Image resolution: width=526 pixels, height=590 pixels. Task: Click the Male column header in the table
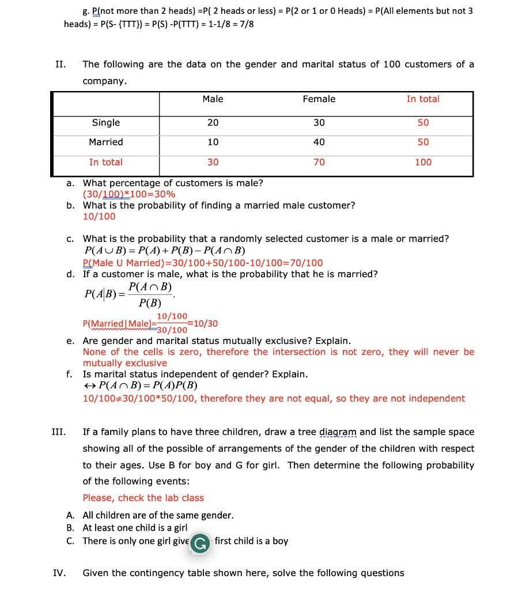[x=213, y=99]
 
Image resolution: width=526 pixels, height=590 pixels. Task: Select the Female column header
[x=319, y=99]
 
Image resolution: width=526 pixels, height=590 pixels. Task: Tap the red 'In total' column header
[x=423, y=99]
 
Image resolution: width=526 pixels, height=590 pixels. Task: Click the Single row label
[x=106, y=123]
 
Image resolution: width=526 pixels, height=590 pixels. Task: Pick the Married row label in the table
[x=106, y=142]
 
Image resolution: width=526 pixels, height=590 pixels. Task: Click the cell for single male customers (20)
[x=213, y=123]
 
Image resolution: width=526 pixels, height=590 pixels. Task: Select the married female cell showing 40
[x=319, y=142]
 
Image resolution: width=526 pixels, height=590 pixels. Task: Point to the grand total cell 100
[x=423, y=162]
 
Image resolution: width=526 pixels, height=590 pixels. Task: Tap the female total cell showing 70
[x=319, y=162]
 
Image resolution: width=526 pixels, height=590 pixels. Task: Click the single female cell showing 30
[x=319, y=123]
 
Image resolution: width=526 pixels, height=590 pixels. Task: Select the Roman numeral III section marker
[x=59, y=432]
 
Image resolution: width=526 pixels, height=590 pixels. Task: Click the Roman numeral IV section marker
[x=59, y=573]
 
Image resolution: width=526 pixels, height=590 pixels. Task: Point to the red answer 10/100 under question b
[x=99, y=217]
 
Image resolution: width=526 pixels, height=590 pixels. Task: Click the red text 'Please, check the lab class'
[x=143, y=498]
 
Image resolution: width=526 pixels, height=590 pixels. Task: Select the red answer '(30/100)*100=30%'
[x=129, y=194]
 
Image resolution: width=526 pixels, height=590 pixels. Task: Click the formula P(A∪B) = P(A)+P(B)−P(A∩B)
[x=165, y=251]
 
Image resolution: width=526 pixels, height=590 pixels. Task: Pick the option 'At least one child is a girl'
[x=135, y=528]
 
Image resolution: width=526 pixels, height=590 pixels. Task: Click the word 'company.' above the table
[x=104, y=81]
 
